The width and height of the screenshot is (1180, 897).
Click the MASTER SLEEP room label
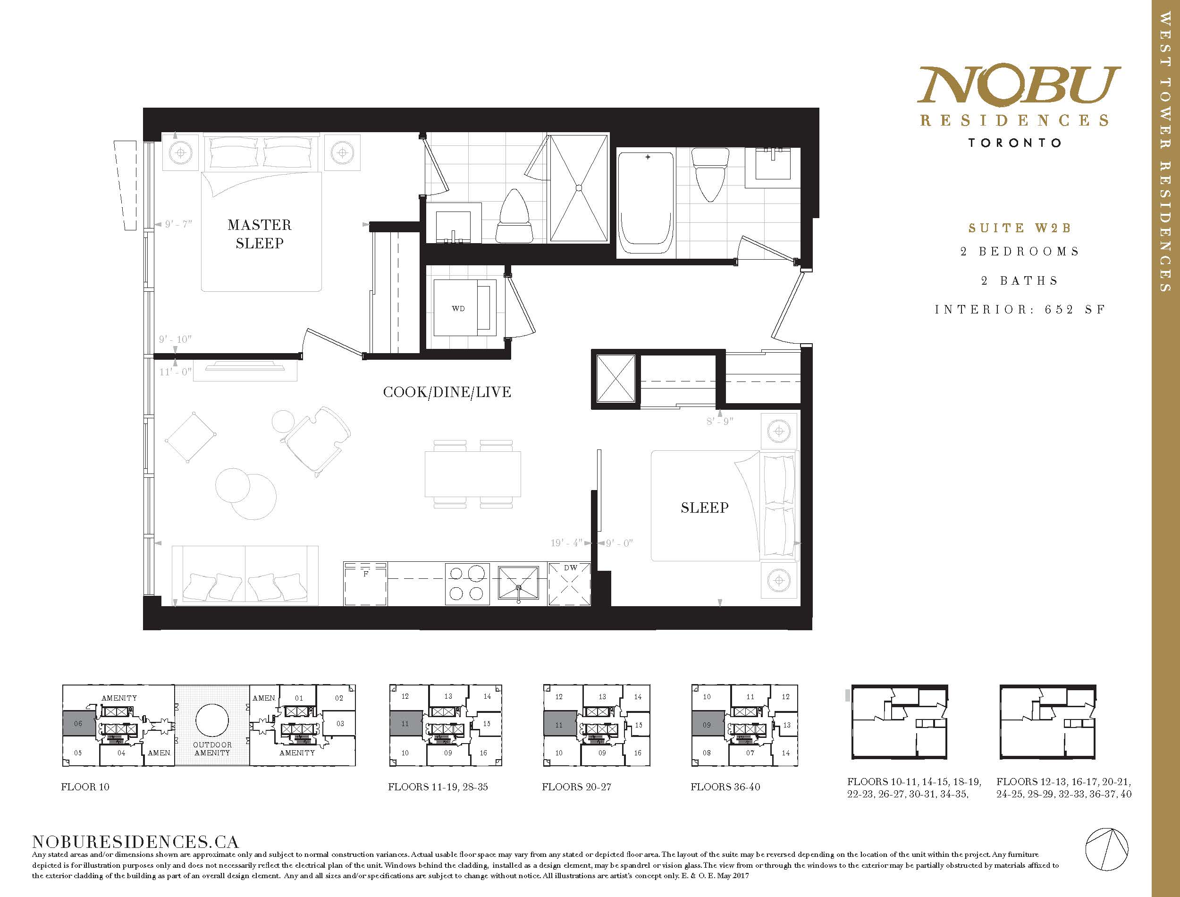pyautogui.click(x=260, y=234)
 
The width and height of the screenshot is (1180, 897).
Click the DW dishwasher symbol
pyautogui.click(x=569, y=584)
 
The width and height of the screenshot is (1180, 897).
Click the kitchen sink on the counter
pyautogui.click(x=518, y=584)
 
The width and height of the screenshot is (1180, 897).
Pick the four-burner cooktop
pyautogui.click(x=467, y=584)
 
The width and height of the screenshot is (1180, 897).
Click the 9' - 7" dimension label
pyautogui.click(x=178, y=224)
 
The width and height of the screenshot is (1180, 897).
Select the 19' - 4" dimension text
pyautogui.click(x=566, y=543)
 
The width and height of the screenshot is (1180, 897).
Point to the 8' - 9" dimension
pyautogui.click(x=720, y=421)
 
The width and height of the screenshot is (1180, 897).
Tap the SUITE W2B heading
pyautogui.click(x=1020, y=228)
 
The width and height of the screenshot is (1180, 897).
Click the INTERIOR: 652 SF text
pyautogui.click(x=1020, y=310)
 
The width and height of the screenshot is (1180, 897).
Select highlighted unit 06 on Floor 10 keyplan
pyautogui.click(x=79, y=724)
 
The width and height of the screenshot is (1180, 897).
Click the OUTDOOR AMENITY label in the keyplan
pyautogui.click(x=212, y=749)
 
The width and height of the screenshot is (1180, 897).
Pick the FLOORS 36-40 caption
pyautogui.click(x=725, y=787)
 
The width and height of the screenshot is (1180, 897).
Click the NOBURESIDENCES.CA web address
pyautogui.click(x=135, y=842)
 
